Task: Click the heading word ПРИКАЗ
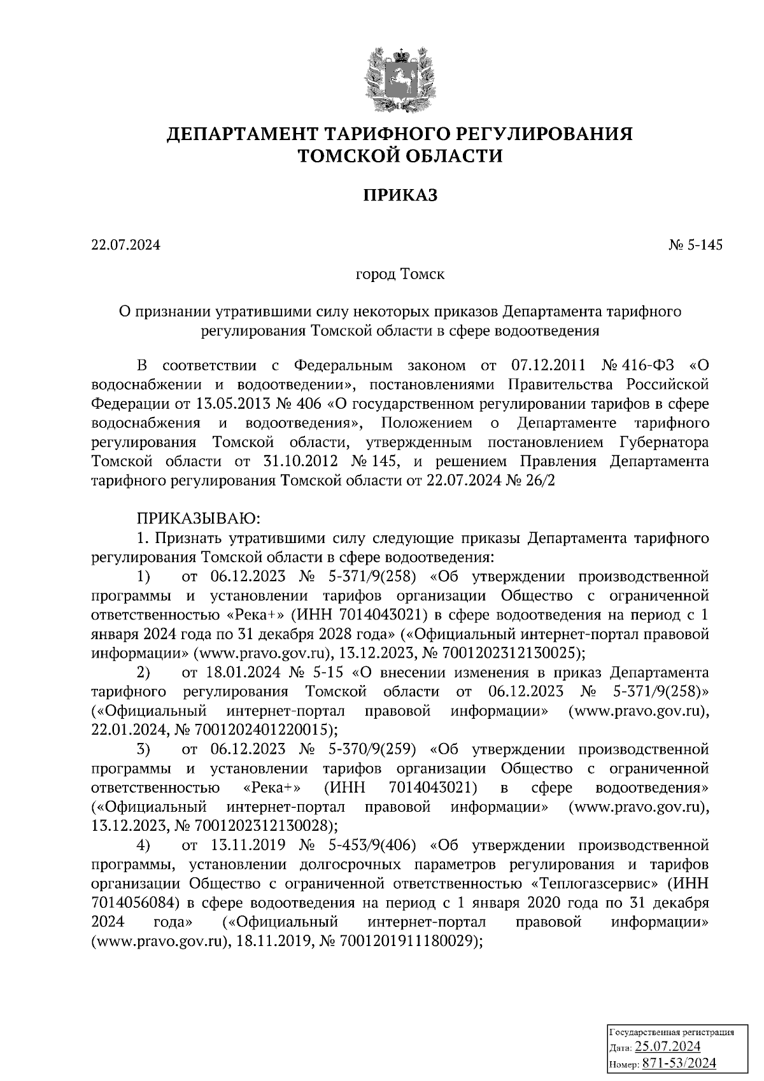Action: (400, 195)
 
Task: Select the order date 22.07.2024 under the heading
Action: (125, 245)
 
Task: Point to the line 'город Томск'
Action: (400, 275)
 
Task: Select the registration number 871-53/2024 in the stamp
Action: (679, 1063)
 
